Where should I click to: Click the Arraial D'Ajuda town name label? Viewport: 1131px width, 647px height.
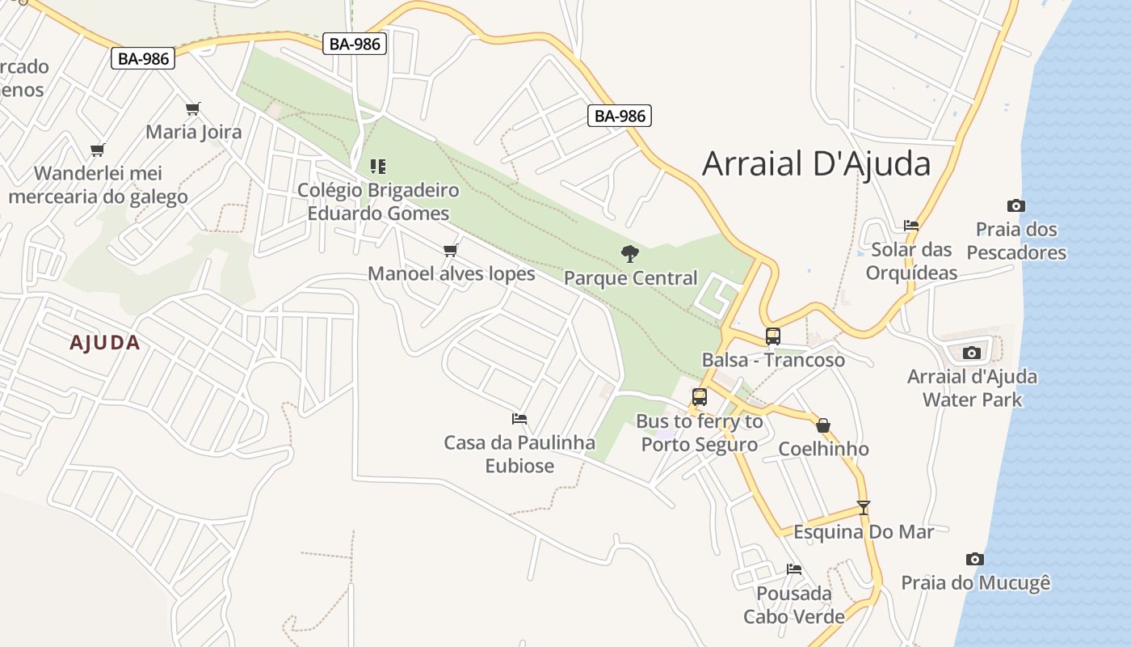[x=816, y=163]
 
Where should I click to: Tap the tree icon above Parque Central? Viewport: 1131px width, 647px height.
[x=630, y=254]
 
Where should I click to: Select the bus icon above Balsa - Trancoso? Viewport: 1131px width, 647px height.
[x=773, y=336]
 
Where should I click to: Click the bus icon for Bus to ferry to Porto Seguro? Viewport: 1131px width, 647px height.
[x=700, y=397]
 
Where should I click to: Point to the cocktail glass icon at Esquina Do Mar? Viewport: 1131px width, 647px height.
[x=864, y=508]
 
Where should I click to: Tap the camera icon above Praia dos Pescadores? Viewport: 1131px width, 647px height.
[x=1016, y=206]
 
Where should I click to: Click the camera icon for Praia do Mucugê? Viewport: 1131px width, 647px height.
[x=975, y=559]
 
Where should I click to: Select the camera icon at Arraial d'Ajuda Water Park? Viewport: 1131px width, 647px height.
[x=972, y=353]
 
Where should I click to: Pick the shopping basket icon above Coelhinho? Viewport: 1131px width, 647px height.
[x=823, y=425]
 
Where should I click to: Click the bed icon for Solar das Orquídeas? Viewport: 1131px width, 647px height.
[x=911, y=225]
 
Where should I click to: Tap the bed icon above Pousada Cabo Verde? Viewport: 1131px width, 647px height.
[x=794, y=569]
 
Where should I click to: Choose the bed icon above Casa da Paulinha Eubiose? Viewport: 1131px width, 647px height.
[x=519, y=419]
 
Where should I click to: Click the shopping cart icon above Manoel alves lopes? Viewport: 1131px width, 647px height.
[x=451, y=250]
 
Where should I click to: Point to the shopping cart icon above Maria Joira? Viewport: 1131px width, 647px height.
[x=192, y=108]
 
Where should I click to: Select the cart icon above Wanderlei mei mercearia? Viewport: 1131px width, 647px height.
[x=98, y=150]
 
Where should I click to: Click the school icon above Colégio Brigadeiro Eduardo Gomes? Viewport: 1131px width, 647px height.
[x=378, y=167]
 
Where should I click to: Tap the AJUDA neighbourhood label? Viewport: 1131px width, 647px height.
[x=105, y=343]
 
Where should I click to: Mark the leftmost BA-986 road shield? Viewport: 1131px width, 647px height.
[x=143, y=58]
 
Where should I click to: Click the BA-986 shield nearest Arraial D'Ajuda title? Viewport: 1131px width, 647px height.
[x=620, y=116]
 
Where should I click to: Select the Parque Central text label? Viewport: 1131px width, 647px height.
[x=630, y=278]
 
